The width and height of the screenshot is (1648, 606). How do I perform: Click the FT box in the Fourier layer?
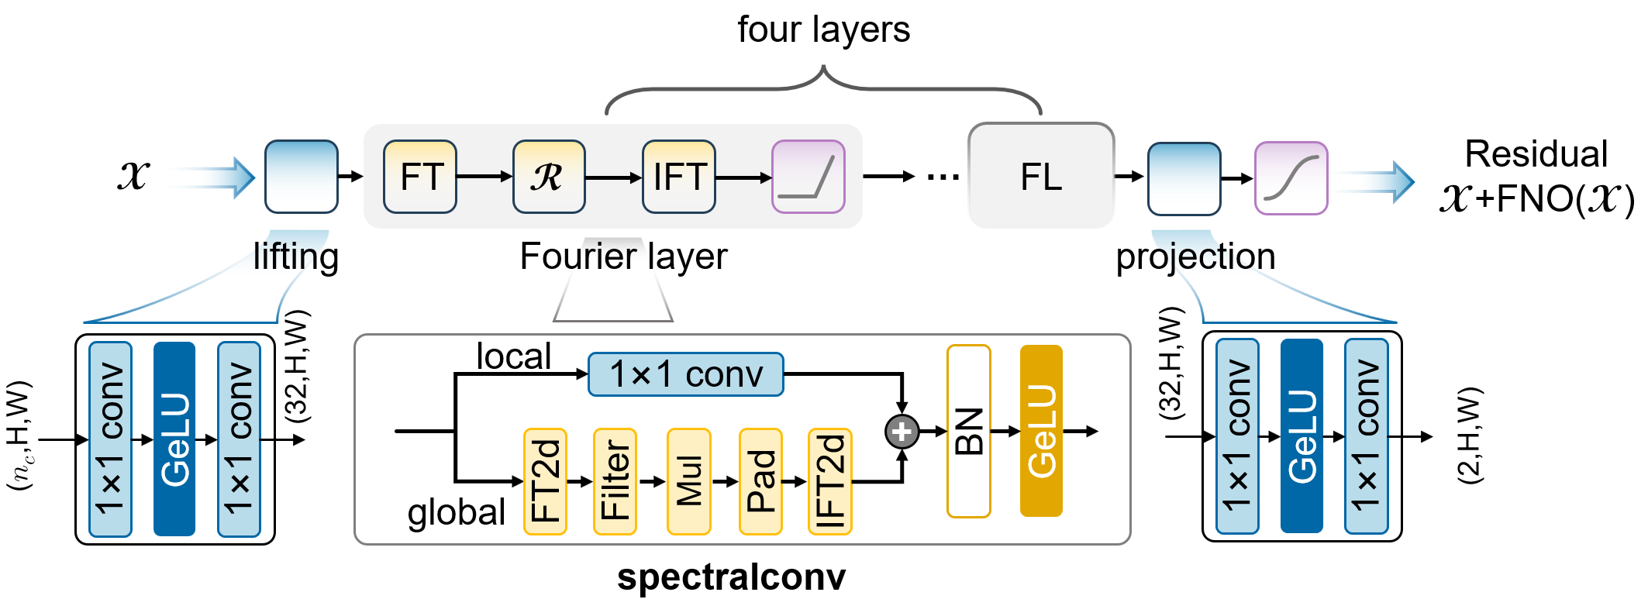(420, 177)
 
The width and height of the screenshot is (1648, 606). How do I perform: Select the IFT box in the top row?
(679, 177)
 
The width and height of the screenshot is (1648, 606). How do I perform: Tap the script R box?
(549, 177)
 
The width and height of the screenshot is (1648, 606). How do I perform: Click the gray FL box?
(1041, 176)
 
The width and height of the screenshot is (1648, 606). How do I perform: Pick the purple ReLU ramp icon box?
(808, 177)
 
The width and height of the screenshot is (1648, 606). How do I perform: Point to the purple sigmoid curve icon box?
(1291, 178)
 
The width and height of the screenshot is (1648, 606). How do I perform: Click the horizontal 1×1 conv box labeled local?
(686, 374)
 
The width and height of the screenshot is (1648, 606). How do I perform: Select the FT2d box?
(546, 481)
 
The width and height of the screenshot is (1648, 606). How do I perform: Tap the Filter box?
(615, 481)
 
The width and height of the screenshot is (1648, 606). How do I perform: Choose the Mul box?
(689, 481)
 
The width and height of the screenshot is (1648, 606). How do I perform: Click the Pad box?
(760, 481)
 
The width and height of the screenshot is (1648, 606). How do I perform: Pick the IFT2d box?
(830, 481)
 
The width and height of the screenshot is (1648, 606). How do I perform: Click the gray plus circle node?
(902, 432)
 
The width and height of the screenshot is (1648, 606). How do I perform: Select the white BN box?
(969, 431)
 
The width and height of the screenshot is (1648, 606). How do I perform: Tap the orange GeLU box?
(1041, 431)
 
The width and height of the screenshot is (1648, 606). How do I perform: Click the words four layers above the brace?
(823, 30)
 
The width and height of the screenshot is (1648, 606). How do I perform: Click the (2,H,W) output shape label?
(1470, 436)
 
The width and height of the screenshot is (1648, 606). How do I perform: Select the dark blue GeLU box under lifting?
(174, 439)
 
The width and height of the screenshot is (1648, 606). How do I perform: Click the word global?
(457, 513)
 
